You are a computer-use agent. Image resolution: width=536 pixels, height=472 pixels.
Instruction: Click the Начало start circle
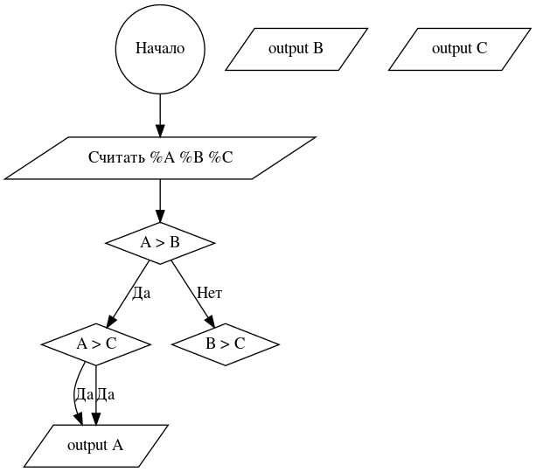click(x=160, y=48)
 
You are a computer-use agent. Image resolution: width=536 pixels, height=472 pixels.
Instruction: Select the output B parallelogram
click(x=296, y=48)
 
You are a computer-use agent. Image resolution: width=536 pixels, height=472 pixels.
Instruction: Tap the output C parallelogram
click(x=459, y=48)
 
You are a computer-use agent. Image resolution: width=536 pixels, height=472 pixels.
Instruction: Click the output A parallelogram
click(x=95, y=445)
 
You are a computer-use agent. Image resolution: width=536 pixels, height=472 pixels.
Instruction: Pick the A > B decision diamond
click(x=160, y=242)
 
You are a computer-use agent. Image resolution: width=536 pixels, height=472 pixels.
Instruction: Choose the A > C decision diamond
click(x=95, y=344)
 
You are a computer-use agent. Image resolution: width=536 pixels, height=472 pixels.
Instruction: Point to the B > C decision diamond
click(x=226, y=344)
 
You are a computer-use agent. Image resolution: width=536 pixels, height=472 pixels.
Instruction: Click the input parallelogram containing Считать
click(x=160, y=158)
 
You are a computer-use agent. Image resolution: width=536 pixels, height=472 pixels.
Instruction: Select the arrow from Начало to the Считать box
click(x=160, y=114)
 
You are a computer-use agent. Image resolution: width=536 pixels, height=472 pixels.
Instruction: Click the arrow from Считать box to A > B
click(x=160, y=201)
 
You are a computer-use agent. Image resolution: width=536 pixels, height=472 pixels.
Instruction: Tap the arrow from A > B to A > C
click(x=128, y=293)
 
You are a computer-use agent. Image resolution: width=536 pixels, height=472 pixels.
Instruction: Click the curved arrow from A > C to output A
click(x=73, y=393)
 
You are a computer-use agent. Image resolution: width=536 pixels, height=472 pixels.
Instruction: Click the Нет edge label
click(x=209, y=293)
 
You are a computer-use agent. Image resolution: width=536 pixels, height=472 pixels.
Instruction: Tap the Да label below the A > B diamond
click(x=141, y=293)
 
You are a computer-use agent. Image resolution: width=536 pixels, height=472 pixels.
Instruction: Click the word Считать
click(x=116, y=158)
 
